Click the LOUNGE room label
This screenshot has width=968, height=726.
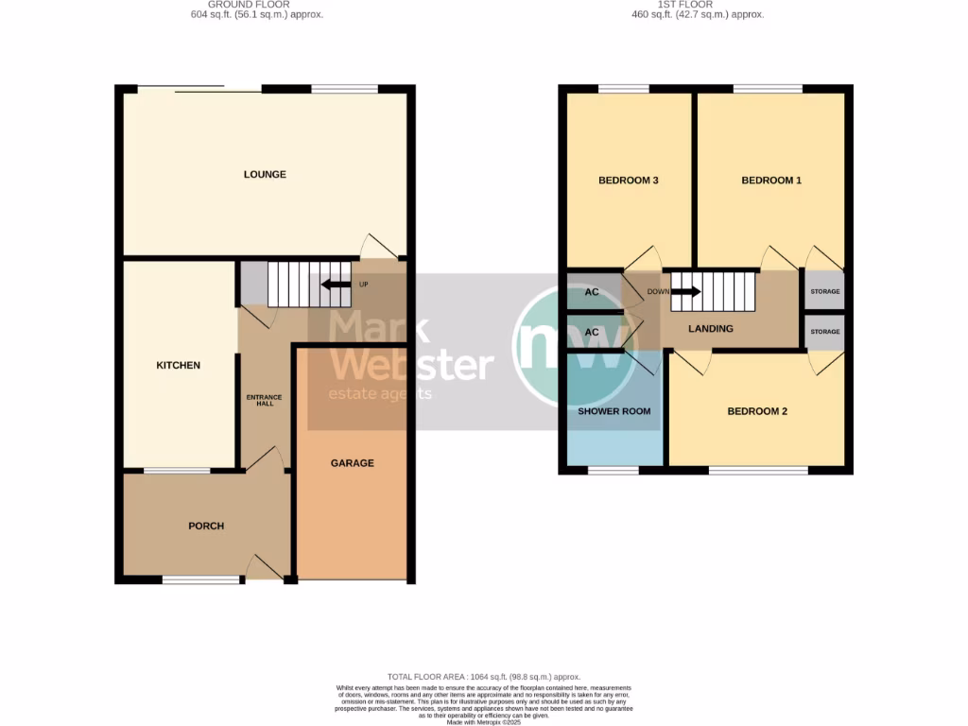tap(265, 174)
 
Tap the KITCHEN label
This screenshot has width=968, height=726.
tap(178, 365)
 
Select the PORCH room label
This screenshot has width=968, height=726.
tap(206, 526)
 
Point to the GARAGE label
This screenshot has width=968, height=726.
tap(352, 463)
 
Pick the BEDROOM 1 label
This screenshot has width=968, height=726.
tap(770, 180)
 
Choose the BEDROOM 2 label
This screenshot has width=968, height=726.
tap(756, 411)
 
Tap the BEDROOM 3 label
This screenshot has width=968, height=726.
tap(628, 180)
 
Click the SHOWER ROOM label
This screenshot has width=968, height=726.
tap(614, 411)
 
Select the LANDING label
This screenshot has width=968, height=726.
tap(710, 329)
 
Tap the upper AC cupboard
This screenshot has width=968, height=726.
tap(593, 292)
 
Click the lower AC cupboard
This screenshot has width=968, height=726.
tap(593, 333)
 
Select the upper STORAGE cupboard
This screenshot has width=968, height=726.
tap(824, 291)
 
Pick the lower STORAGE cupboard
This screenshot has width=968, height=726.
tap(824, 332)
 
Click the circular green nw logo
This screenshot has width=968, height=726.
tap(575, 349)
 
